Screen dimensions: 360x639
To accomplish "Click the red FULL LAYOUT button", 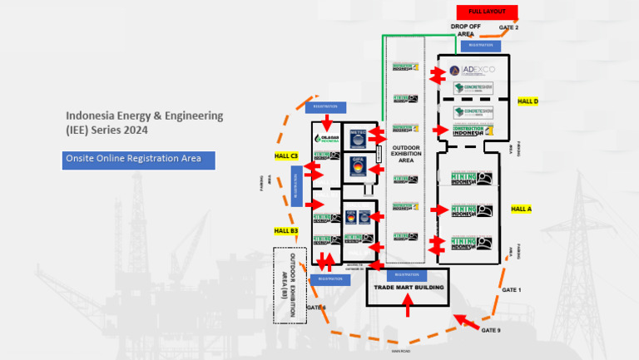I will (x=487, y=12).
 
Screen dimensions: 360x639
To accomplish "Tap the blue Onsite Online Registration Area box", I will (x=138, y=160).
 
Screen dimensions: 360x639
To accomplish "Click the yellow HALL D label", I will (x=528, y=101).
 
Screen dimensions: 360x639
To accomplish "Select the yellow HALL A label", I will (x=521, y=209).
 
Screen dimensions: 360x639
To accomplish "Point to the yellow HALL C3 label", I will (x=286, y=155).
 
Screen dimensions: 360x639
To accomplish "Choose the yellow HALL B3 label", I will (x=286, y=230).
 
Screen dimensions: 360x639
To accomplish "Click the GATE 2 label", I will (x=508, y=28).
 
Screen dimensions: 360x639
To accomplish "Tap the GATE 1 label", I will (x=512, y=289).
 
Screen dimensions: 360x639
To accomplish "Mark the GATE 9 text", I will (x=492, y=330).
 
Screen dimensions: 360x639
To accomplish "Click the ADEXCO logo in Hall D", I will (x=471, y=71).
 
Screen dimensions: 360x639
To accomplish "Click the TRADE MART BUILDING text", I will (x=408, y=288).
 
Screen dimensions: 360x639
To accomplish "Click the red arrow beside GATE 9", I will (x=465, y=321).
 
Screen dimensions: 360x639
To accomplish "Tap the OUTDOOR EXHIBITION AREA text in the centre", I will (x=406, y=153).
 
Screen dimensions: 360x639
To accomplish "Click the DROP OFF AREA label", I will (x=465, y=31).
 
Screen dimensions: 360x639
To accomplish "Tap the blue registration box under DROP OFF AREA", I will (x=487, y=46).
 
